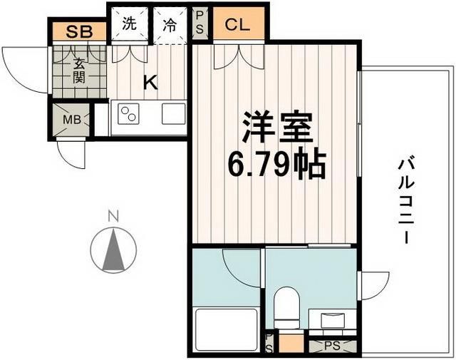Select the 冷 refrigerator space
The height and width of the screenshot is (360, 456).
[x=170, y=24]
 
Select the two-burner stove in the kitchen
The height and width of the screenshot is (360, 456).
[x=128, y=114]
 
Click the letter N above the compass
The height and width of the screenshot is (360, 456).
[x=111, y=215]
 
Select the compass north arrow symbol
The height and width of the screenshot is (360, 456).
[x=112, y=250]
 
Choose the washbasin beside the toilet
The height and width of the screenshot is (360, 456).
[x=333, y=319]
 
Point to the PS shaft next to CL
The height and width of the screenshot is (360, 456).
[x=201, y=24]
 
